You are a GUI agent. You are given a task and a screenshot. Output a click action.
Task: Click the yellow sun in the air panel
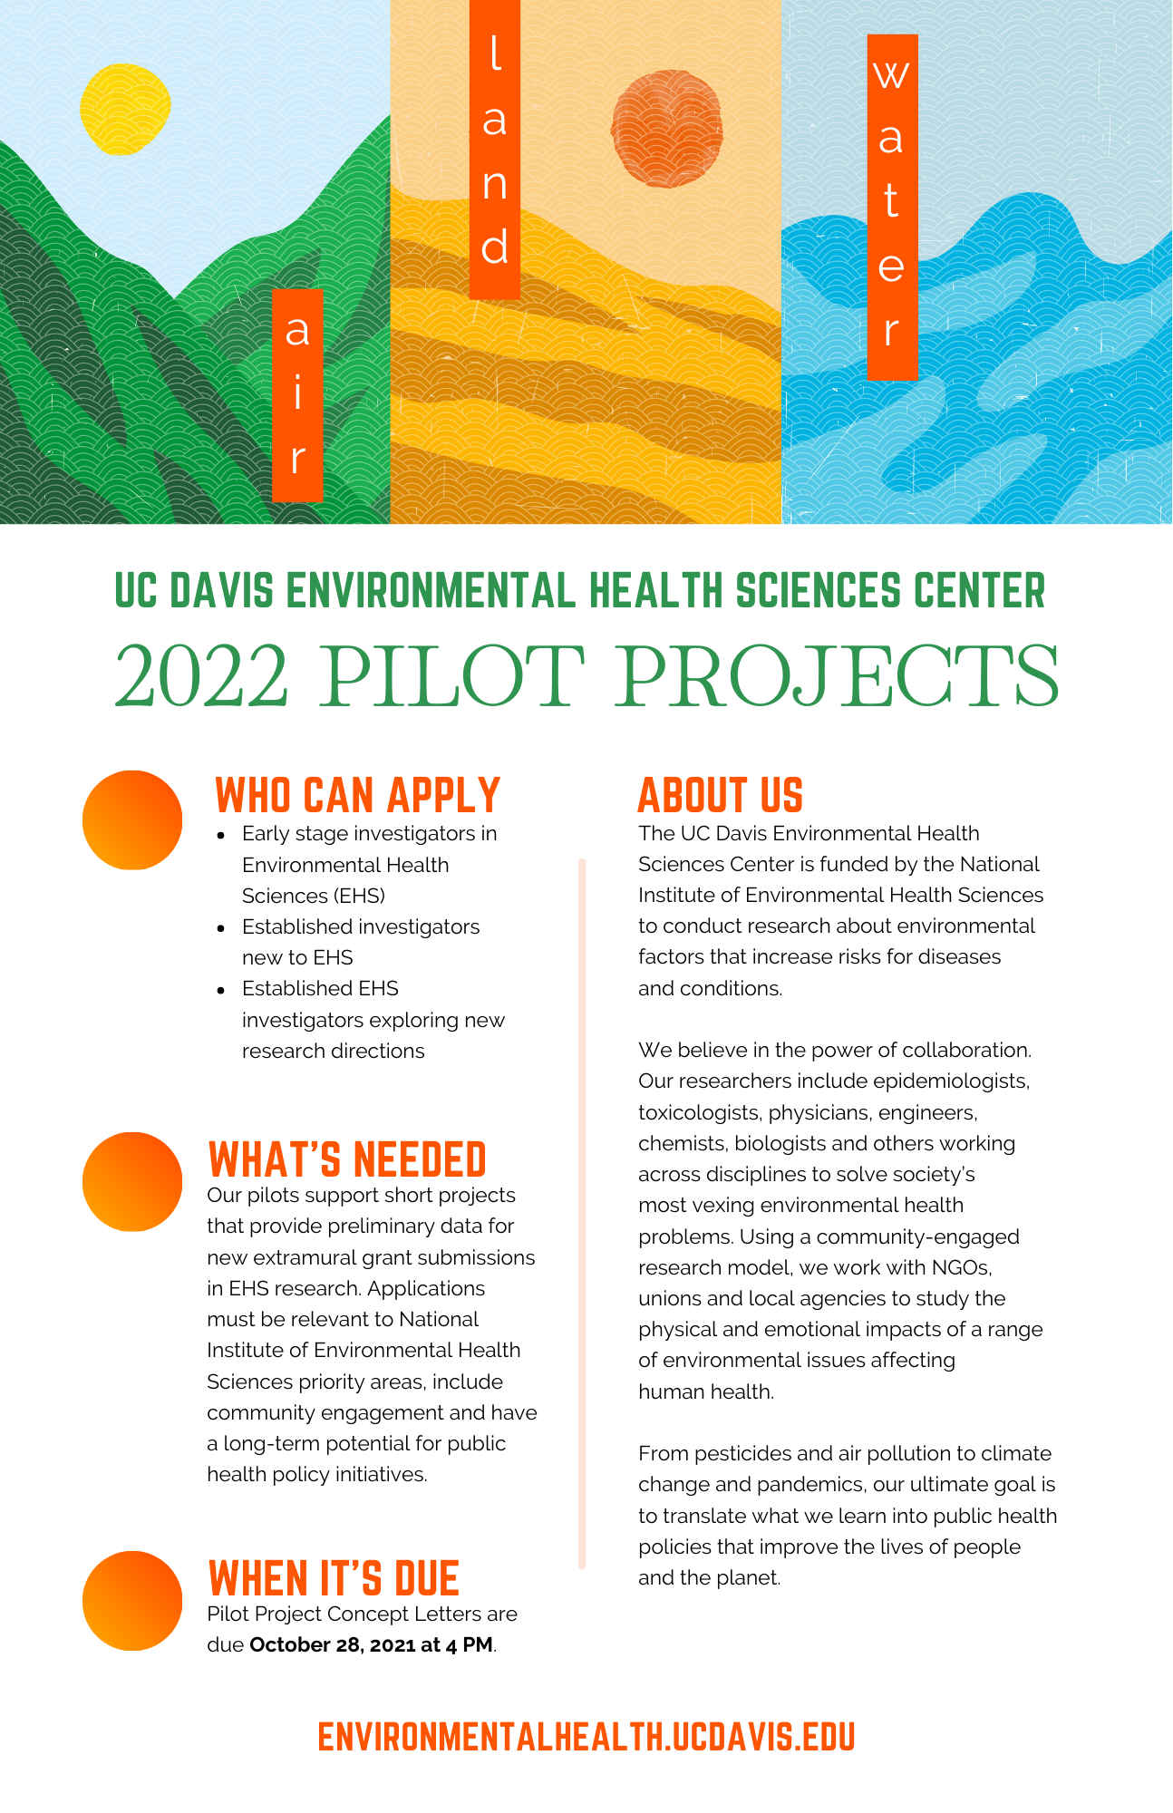pos(125,109)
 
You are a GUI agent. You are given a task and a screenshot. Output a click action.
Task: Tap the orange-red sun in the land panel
pos(667,129)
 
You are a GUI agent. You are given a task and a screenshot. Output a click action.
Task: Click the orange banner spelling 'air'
pos(297,395)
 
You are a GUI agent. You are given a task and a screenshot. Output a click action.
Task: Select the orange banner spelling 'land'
pos(495,150)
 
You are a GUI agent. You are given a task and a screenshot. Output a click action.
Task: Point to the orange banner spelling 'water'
pos(892,207)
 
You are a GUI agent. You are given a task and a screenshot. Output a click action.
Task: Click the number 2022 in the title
pos(202,676)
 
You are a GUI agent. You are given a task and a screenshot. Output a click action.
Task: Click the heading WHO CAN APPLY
pos(357,795)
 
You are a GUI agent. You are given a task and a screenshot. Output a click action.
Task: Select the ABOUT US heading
pos(721,795)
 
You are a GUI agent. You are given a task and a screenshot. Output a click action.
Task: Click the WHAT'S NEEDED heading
pos(347,1159)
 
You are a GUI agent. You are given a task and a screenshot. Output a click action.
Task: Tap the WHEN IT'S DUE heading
pos(334,1578)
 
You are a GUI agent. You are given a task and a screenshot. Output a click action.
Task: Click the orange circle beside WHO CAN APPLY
pos(132,820)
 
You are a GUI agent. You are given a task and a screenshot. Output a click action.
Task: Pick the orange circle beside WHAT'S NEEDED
pos(132,1182)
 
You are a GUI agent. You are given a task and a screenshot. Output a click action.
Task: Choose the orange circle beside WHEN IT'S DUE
pos(132,1601)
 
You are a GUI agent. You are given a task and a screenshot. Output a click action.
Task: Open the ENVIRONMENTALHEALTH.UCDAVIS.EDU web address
pos(586,1737)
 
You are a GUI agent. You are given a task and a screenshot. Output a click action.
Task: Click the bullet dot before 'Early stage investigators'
pos(221,835)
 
